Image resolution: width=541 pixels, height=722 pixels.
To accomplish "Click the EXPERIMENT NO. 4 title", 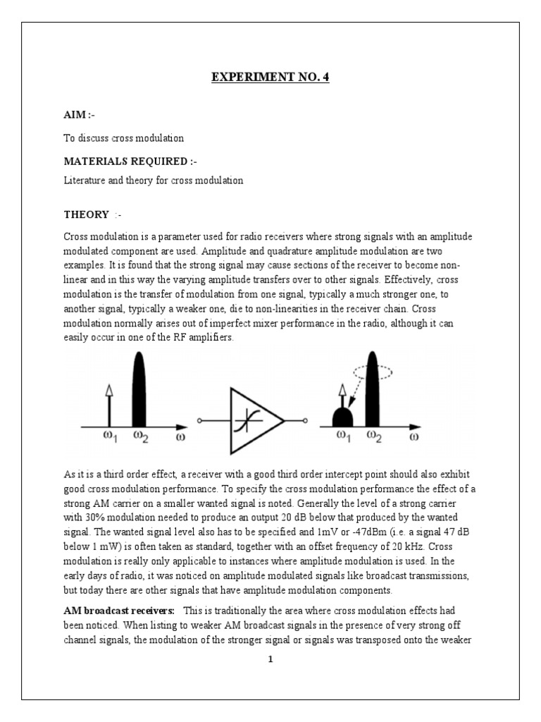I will tap(270, 77).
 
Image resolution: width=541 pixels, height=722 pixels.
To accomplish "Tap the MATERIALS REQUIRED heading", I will tap(130, 161).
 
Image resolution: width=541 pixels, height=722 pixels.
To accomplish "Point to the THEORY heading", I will tap(87, 214).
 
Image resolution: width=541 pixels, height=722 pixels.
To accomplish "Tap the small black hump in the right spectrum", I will tap(343, 416).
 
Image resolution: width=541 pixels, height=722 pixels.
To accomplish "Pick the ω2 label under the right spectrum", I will tap(374, 437).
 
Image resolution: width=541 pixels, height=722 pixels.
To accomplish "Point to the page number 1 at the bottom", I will tap(270, 660).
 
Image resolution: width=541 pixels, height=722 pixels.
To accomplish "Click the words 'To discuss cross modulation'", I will tap(124, 138).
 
